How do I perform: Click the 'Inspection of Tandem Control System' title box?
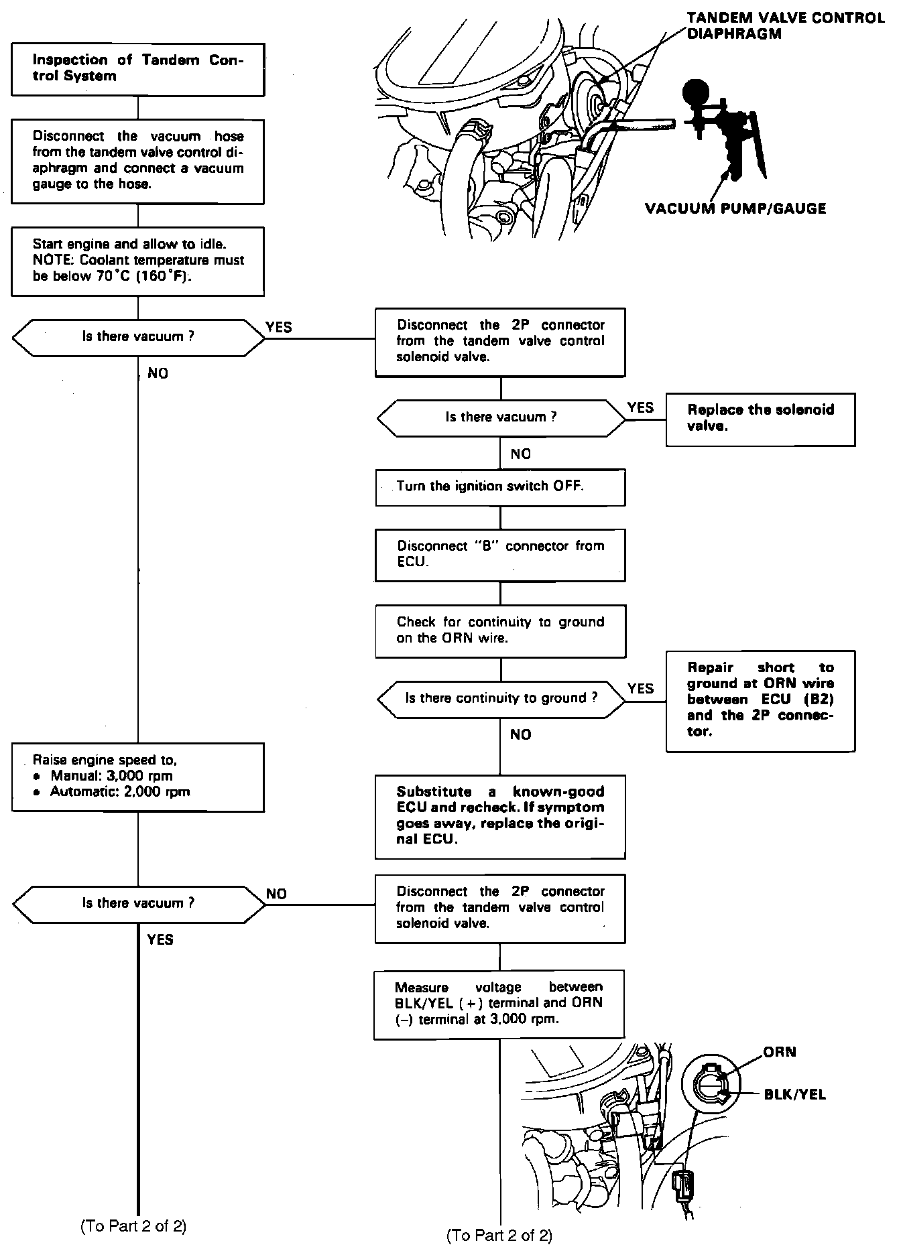137,69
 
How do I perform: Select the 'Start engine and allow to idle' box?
137,261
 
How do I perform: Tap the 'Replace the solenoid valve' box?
760,419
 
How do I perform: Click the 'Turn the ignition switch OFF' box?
499,487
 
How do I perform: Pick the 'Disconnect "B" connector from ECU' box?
499,555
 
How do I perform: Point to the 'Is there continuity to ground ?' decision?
500,699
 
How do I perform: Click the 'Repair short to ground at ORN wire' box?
760,700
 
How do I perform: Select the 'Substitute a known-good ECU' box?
499,816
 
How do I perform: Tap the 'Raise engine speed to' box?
137,777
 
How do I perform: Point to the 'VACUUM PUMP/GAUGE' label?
735,209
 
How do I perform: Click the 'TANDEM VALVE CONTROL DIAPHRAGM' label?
785,25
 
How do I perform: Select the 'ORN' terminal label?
779,1053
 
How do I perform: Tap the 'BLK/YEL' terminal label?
794,1096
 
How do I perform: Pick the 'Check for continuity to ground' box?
499,631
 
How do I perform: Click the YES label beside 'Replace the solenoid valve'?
640,407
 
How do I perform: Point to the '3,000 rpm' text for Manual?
145,777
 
